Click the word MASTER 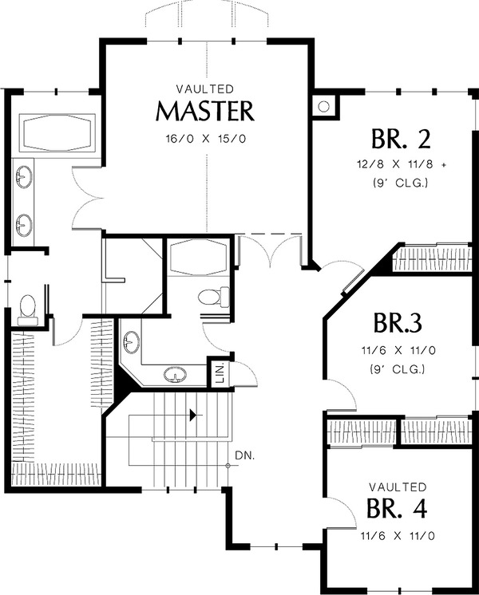tap(204, 111)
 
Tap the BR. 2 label tap(401, 139)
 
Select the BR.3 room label tap(398, 323)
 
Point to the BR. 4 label tap(397, 508)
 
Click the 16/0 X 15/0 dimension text tap(205, 139)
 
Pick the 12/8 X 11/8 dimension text tap(396, 164)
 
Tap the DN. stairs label tap(244, 455)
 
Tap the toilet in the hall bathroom tap(214, 297)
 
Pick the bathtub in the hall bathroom tap(197, 256)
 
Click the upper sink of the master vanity tap(24, 177)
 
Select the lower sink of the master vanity tap(24, 225)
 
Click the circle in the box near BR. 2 tap(323, 107)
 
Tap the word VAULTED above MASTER tap(205, 89)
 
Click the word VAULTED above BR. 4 tap(398, 487)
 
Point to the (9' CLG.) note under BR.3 tap(397, 368)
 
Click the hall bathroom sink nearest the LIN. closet tap(175, 374)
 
